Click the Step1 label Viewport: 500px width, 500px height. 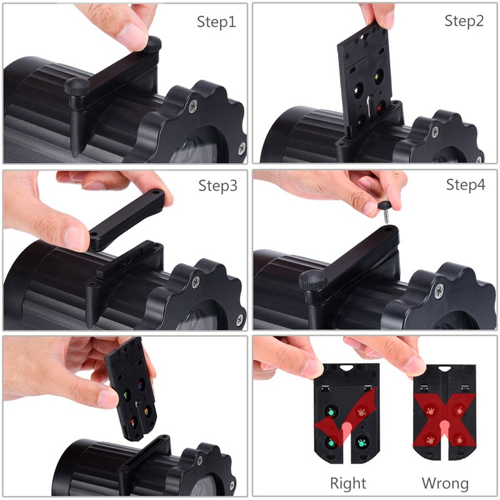click(x=217, y=22)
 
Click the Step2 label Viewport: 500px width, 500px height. click(x=464, y=21)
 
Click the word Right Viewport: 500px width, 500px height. click(x=348, y=483)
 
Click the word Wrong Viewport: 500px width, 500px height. click(x=445, y=483)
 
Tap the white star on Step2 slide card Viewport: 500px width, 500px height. click(x=357, y=91)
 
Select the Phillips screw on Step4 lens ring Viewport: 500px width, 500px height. click(x=439, y=289)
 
